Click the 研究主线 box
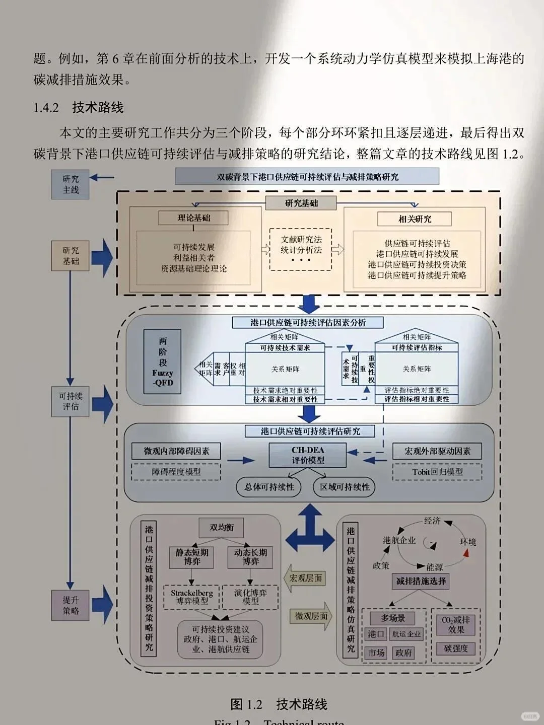click(71, 184)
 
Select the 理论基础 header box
click(194, 218)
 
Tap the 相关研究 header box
click(415, 219)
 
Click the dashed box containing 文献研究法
click(301, 249)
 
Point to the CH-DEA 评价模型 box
click(308, 455)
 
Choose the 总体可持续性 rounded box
click(269, 487)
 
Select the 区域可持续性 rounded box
click(345, 487)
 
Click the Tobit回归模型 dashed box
click(437, 472)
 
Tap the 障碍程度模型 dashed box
click(176, 472)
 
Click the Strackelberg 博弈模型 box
click(191, 597)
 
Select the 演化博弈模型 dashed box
click(250, 597)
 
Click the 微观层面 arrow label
click(310, 616)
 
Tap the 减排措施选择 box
click(421, 581)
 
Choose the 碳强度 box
click(456, 648)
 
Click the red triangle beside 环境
click(466, 553)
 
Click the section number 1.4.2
click(46, 108)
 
